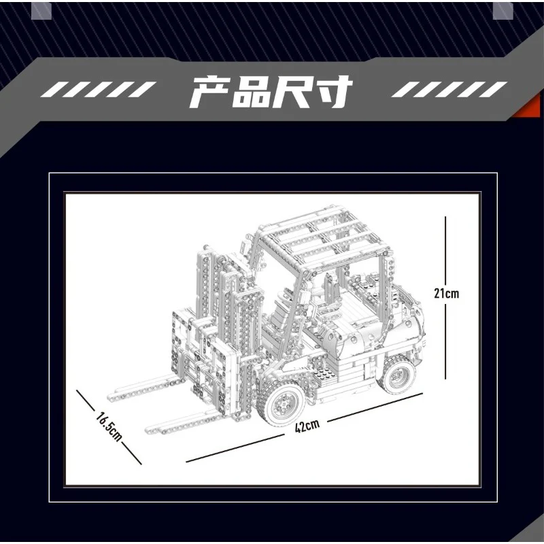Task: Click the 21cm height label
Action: (447, 294)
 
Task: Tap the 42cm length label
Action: (307, 426)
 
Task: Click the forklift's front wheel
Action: (279, 406)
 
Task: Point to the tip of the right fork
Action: (151, 428)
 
